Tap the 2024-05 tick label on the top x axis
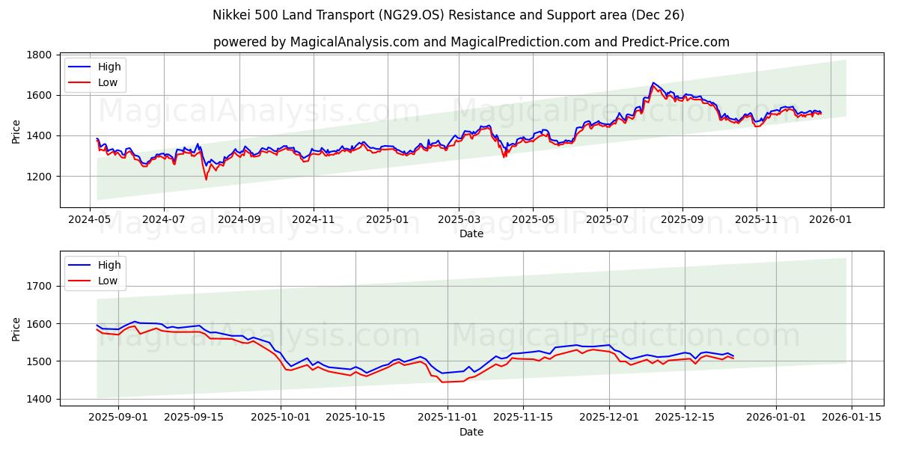point(91,220)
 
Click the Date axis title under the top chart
point(471,233)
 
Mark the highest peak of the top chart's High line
point(653,82)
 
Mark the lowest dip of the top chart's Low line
point(207,180)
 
